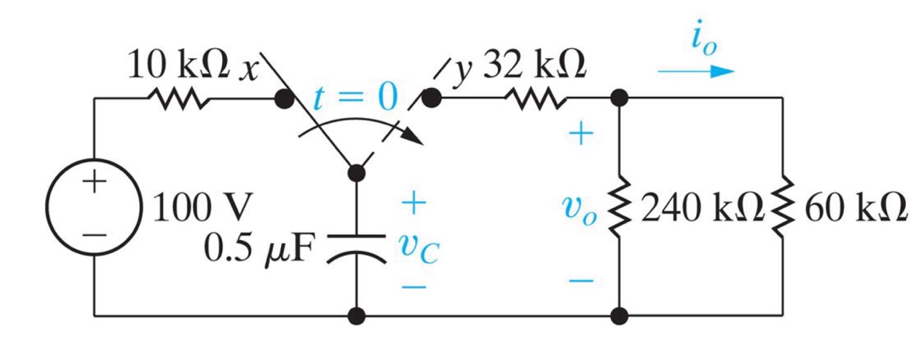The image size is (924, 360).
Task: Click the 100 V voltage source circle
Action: pyautogui.click(x=95, y=209)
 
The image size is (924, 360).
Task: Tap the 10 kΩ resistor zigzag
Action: pyautogui.click(x=177, y=99)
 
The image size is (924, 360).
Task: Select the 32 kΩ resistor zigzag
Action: pyautogui.click(x=535, y=99)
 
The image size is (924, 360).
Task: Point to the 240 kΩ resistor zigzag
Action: pyautogui.click(x=619, y=207)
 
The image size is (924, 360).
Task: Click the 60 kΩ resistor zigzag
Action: pyautogui.click(x=782, y=207)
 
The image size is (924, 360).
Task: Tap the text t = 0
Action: pyautogui.click(x=355, y=98)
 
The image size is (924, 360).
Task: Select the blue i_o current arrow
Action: pyautogui.click(x=696, y=71)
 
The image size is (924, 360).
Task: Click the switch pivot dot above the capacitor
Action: pyautogui.click(x=356, y=173)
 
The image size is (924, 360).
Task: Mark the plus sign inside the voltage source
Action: pyautogui.click(x=94, y=183)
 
